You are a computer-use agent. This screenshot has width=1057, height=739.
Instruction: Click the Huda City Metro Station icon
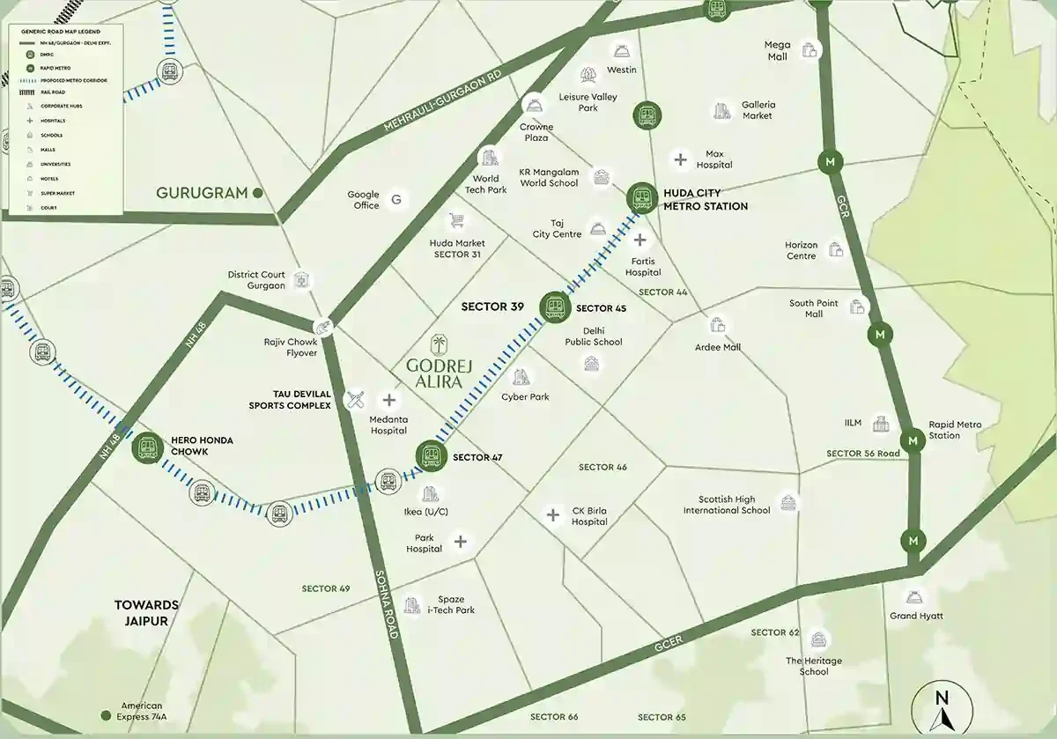(641, 198)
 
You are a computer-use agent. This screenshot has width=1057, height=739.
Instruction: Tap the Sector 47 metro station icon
(431, 455)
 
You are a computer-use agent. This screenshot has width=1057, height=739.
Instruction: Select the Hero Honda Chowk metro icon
(146, 447)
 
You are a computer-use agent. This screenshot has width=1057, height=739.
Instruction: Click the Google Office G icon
(396, 200)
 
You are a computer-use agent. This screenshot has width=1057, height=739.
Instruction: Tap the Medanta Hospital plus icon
(388, 400)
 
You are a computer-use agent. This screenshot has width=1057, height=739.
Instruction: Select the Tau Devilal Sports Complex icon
(355, 400)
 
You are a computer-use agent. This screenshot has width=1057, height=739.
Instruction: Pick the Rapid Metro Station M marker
(913, 440)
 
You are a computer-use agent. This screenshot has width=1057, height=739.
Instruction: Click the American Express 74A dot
(107, 714)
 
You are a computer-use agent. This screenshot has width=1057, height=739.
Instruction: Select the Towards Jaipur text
(146, 612)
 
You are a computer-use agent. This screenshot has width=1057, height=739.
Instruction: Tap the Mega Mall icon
(809, 51)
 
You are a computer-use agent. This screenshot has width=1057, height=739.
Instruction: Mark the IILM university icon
(881, 424)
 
